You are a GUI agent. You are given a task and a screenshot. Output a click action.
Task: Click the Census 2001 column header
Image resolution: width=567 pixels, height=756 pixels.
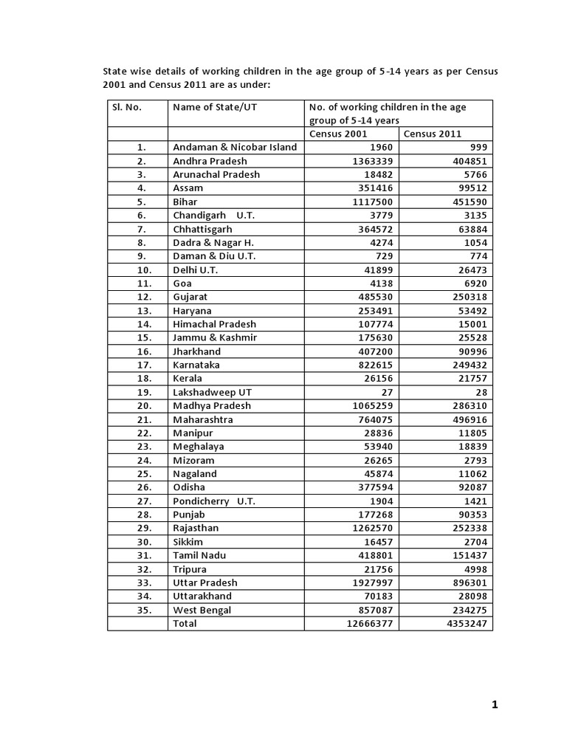tap(338, 134)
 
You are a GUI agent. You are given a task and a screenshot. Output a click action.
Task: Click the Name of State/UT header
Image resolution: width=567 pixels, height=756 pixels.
tap(215, 107)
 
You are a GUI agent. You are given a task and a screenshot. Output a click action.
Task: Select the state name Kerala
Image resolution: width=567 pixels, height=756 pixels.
tap(188, 379)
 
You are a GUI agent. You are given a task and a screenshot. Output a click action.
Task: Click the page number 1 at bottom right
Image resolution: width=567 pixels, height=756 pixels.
tap(495, 705)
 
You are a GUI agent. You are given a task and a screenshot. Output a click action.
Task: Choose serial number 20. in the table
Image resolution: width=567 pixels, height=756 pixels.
tap(144, 405)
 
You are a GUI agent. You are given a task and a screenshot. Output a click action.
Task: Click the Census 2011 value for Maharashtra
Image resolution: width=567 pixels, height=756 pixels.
tap(465, 419)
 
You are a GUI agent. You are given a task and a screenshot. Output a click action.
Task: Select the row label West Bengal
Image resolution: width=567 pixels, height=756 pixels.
tap(202, 610)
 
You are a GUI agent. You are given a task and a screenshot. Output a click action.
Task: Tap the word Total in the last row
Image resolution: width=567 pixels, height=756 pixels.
tap(185, 624)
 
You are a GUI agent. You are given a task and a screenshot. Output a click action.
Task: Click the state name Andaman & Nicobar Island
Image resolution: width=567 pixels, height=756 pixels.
tap(235, 147)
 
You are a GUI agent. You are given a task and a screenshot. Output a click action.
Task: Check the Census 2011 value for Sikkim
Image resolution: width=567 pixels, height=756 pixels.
tap(472, 542)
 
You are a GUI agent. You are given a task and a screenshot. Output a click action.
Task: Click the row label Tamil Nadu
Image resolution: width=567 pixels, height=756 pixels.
tap(199, 555)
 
